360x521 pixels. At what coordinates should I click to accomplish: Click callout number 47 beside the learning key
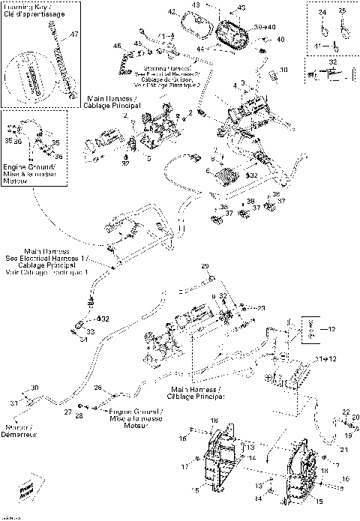pos(73,35)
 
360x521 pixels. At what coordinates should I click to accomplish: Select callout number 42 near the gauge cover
pos(172,12)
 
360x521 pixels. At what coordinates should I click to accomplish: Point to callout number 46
pos(116,46)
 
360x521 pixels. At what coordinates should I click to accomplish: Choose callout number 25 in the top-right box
pos(342,13)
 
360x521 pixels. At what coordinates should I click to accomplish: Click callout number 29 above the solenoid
pos(204,267)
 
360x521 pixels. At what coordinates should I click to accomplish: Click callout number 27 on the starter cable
pos(67,413)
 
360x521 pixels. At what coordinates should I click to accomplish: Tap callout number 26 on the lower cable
pos(97,388)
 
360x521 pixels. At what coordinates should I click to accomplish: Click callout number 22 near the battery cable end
pos(346,411)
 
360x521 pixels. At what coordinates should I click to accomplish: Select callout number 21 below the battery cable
pos(344,449)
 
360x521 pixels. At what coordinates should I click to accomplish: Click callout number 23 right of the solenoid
pos(261,307)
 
